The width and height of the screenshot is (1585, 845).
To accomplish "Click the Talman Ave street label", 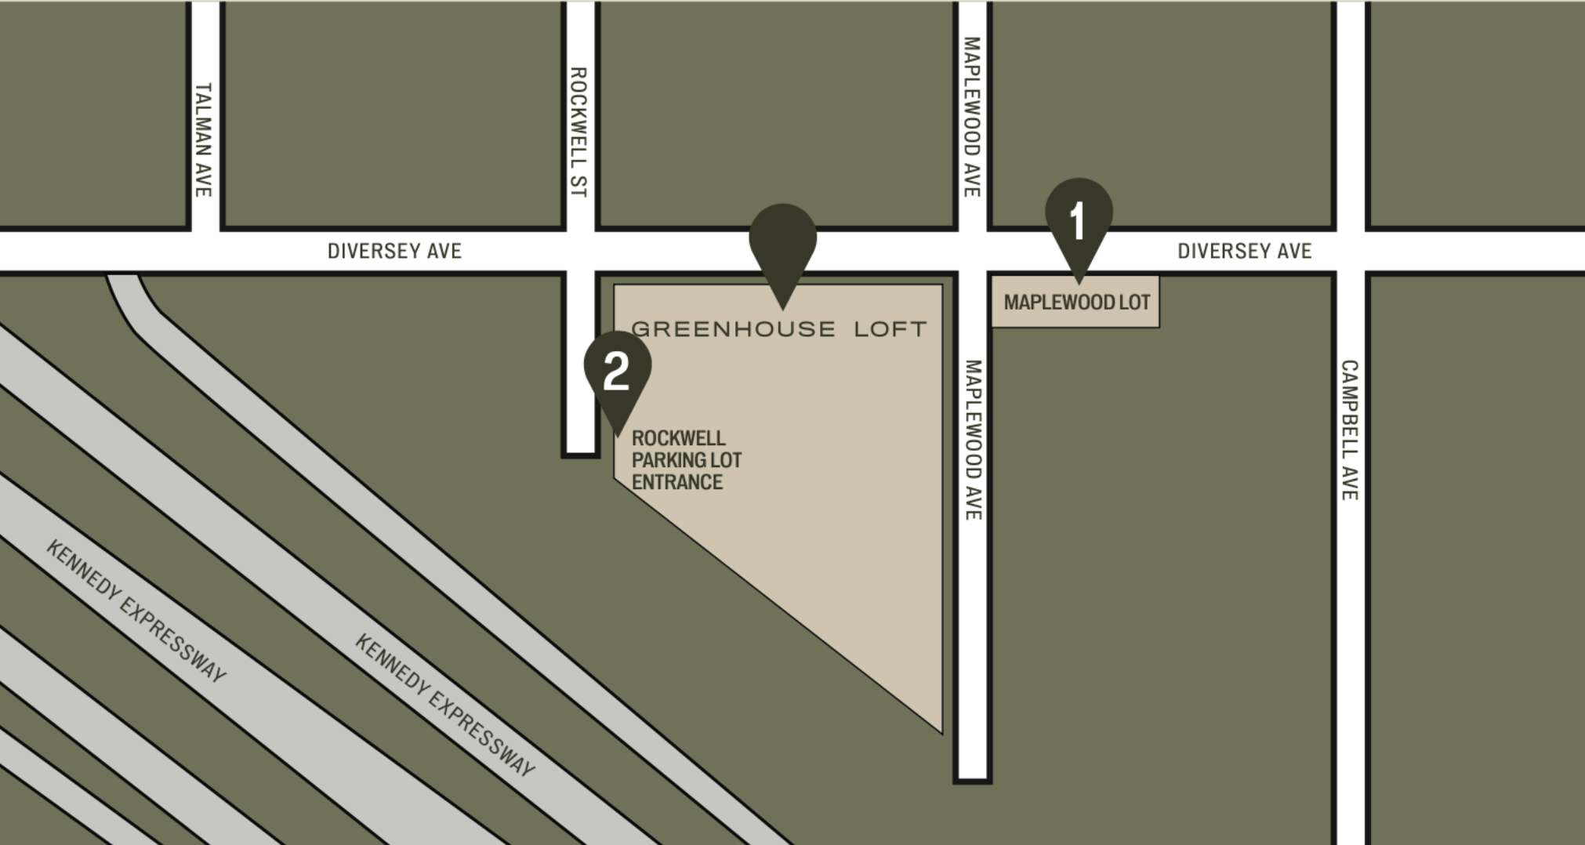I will point(203,140).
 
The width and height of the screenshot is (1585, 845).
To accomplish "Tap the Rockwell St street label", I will point(579,132).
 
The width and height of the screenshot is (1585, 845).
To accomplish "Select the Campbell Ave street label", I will point(1349,430).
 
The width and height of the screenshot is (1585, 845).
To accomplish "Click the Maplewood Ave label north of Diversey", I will point(972,117).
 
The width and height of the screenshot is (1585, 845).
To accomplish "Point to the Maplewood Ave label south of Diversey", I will point(972,440).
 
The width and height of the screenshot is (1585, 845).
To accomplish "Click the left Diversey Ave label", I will point(394,251).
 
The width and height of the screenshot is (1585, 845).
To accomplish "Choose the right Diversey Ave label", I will point(1244,251).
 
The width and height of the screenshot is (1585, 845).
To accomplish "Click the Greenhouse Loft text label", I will point(779,328).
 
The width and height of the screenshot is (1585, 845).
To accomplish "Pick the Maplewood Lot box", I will point(1075,302).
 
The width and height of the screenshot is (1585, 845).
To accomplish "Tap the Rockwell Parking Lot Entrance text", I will point(686,460).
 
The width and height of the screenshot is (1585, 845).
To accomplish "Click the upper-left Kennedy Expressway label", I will point(136,610).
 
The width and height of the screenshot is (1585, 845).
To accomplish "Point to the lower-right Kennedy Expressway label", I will point(444,705).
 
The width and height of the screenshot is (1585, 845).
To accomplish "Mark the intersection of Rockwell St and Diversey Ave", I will point(580,251).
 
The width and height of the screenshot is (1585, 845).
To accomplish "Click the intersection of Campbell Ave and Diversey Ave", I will point(1350,251).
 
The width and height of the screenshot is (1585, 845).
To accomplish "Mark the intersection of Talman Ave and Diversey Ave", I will point(205,251).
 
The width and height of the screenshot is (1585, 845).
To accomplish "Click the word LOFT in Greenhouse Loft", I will point(890,328).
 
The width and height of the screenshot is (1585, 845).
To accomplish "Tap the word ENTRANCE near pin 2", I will point(677,482).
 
